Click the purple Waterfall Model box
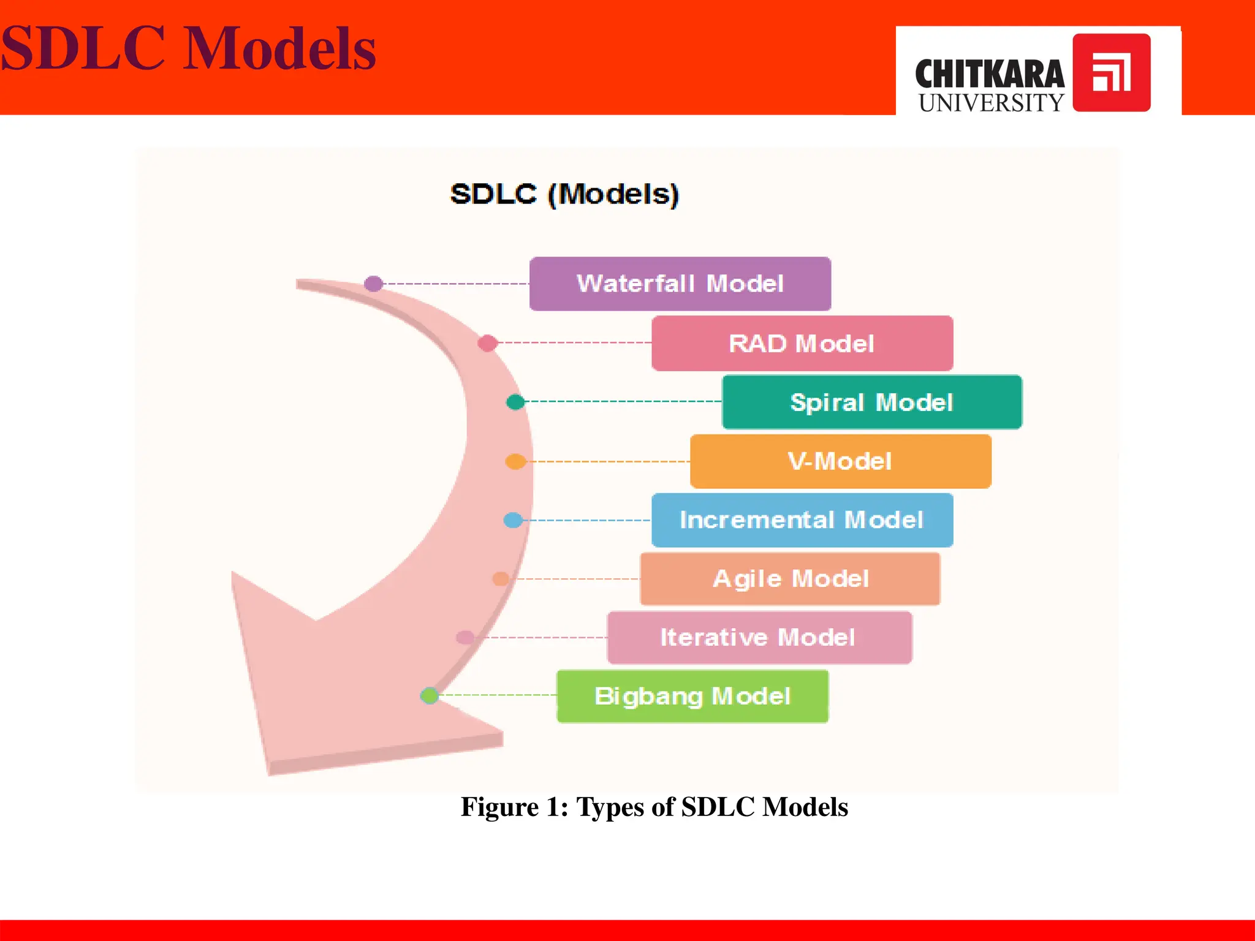coord(680,284)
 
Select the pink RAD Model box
coord(802,343)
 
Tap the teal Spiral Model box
coord(871,402)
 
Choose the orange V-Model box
coord(840,461)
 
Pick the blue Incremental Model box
coord(802,520)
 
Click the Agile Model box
coord(790,579)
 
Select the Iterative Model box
coord(759,637)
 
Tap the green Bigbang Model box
coord(692,696)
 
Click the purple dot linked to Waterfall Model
coord(373,284)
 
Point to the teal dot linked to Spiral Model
coord(515,402)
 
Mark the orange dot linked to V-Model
coord(515,461)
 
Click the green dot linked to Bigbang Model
coord(430,695)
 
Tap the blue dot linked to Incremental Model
coord(513,520)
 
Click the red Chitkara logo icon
coord(1111,72)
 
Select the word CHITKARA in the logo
coord(989,74)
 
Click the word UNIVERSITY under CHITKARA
coord(991,103)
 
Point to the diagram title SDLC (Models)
coord(564,194)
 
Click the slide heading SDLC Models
coord(188,49)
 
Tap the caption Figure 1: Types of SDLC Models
coord(654,807)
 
